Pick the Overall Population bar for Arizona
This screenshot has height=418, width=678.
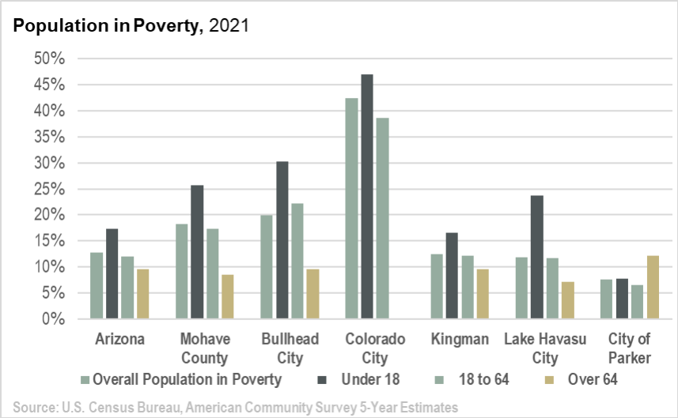tap(97, 286)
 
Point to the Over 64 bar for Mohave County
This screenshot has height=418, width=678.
tap(227, 297)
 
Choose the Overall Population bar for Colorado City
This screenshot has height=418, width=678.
tap(352, 209)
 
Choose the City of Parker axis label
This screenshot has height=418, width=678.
tap(629, 348)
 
